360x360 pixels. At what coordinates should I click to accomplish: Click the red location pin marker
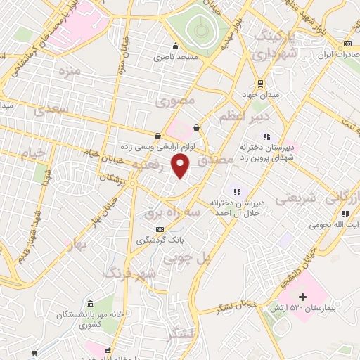(x=181, y=167)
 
